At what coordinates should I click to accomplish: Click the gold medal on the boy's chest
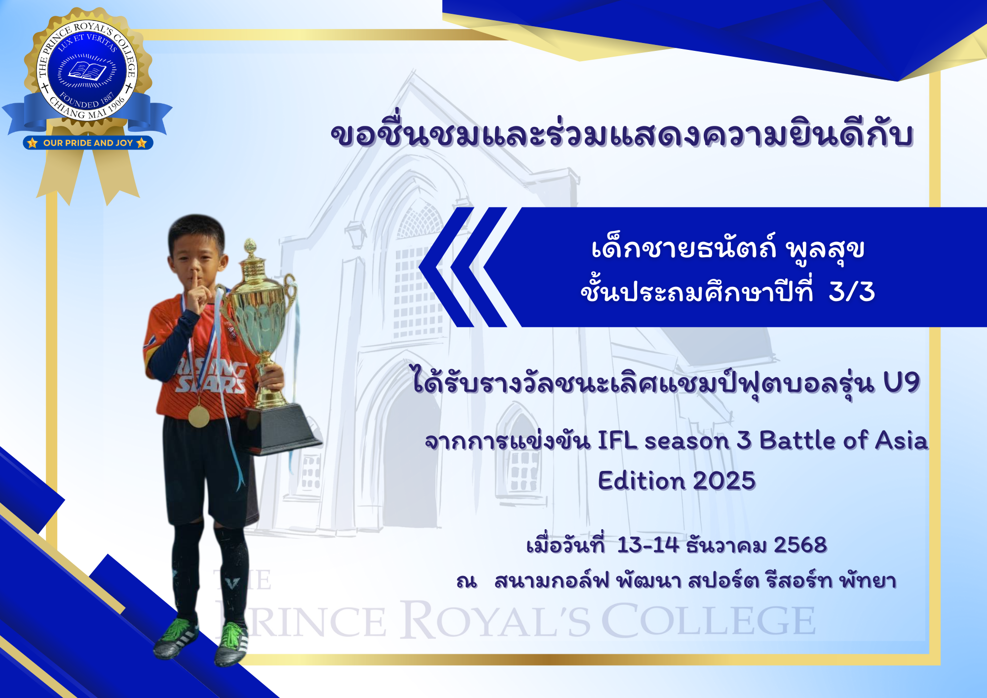[x=198, y=416]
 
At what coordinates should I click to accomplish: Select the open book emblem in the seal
[x=87, y=71]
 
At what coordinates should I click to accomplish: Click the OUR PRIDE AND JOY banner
[x=88, y=143]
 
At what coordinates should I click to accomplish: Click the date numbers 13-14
[x=648, y=545]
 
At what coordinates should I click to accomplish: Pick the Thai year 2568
[x=800, y=545]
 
